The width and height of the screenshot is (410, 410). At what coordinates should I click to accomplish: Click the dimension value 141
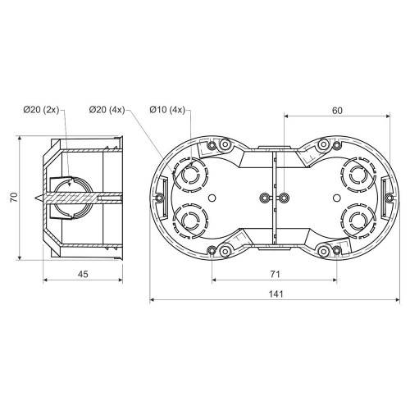[276, 294]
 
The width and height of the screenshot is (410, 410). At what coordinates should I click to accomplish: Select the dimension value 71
[275, 274]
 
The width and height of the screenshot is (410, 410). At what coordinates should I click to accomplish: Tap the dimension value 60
[337, 111]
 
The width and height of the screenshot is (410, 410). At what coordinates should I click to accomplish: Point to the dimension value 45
[83, 274]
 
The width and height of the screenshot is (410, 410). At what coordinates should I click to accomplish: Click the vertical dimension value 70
[14, 198]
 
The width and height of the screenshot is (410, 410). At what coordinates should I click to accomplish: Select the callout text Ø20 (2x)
[41, 110]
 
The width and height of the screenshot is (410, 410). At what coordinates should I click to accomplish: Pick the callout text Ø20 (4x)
[107, 110]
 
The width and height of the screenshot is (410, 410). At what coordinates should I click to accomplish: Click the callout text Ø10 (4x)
[167, 110]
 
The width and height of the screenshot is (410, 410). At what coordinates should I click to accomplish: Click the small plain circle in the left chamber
[212, 198]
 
